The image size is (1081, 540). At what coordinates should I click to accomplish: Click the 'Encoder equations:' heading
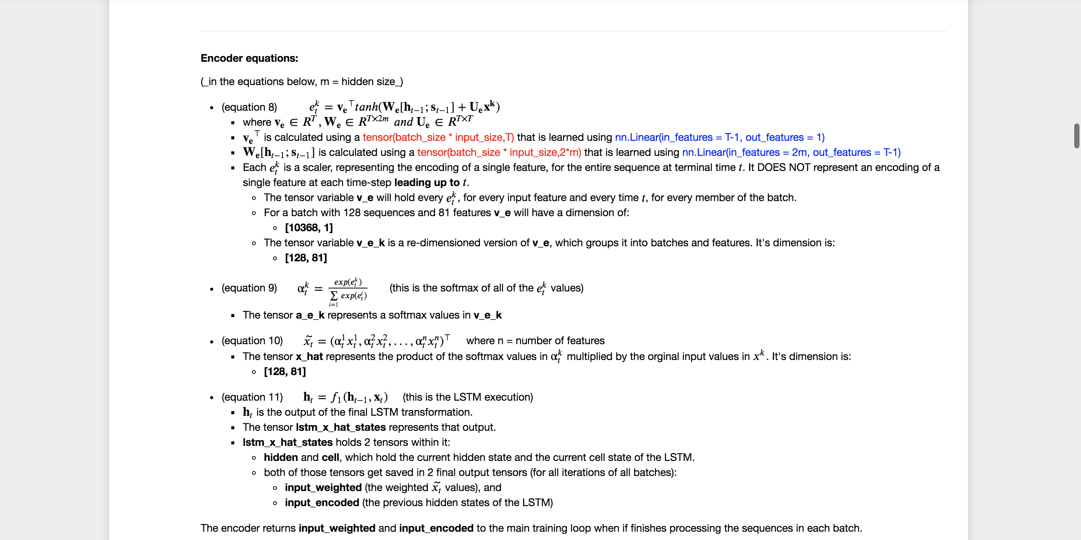point(249,58)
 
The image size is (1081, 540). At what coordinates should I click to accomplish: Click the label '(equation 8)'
point(249,107)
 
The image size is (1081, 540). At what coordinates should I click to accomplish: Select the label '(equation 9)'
point(249,288)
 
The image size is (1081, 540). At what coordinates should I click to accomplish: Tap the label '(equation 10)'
point(252,340)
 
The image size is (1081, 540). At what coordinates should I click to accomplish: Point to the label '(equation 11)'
point(252,397)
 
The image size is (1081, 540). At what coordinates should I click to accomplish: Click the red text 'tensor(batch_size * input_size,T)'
point(438,137)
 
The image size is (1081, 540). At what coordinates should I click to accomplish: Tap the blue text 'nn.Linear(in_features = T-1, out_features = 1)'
point(720,137)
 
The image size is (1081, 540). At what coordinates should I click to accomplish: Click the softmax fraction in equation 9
point(348,289)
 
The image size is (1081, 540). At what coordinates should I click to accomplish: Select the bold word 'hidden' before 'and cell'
point(281,457)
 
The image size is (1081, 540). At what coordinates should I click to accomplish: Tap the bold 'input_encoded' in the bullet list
point(322,503)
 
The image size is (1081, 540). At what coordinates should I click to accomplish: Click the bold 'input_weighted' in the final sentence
point(337,528)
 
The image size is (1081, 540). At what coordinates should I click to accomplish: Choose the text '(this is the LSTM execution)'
point(468,397)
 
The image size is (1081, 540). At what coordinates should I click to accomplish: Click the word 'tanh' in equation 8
point(366,107)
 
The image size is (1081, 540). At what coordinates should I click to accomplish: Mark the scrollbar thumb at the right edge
point(1076,136)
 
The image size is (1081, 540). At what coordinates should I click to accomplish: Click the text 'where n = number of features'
point(535,340)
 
